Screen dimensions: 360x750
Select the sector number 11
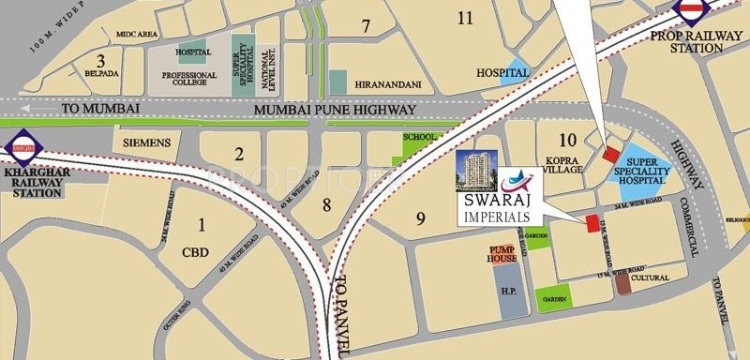(x=464, y=17)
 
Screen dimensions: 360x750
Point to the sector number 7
(x=366, y=24)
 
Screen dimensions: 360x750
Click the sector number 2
(x=240, y=155)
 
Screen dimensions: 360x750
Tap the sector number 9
(x=421, y=218)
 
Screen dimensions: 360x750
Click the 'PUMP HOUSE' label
(x=502, y=253)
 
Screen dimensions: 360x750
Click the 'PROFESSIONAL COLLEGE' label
(x=189, y=81)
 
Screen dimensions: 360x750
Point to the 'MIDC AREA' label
(x=135, y=34)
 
